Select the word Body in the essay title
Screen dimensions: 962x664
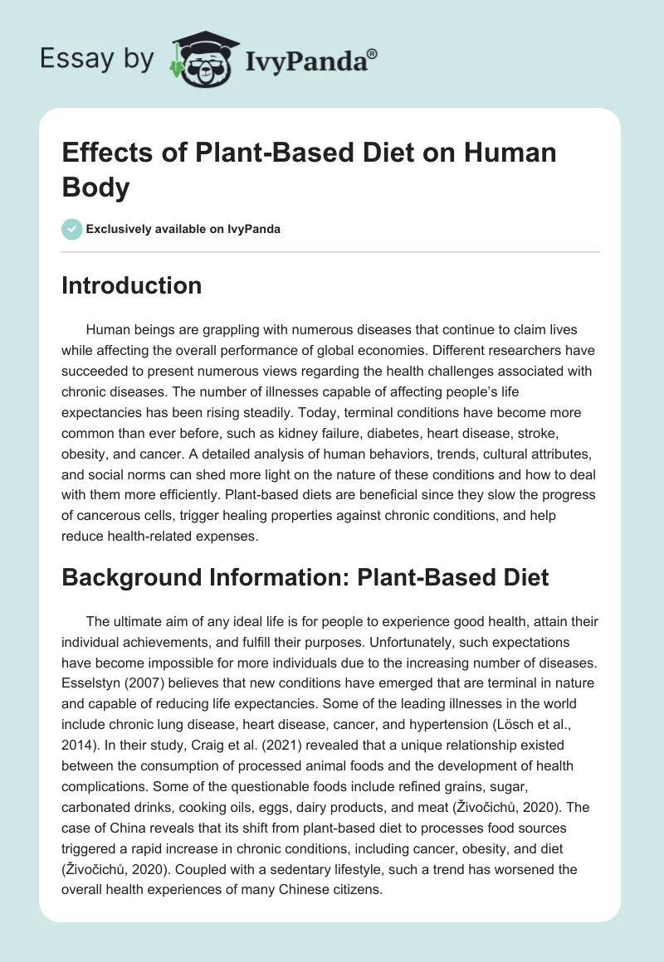click(96, 187)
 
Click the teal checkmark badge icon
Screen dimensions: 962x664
click(72, 229)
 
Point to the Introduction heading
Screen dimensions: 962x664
click(132, 285)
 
